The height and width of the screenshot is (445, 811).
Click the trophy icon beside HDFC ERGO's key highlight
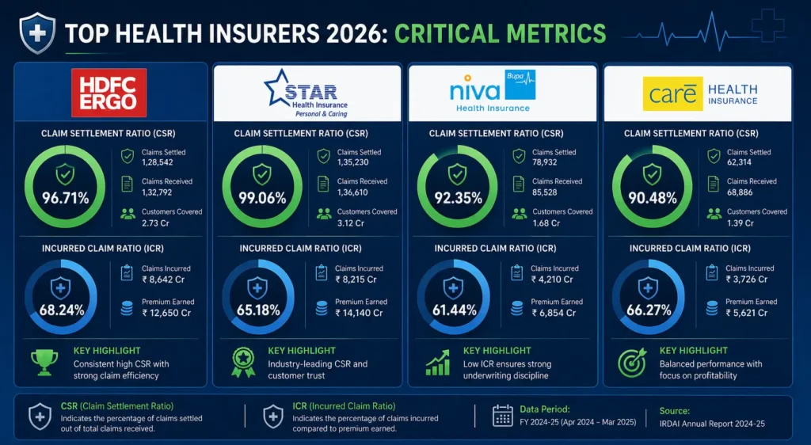[44, 363]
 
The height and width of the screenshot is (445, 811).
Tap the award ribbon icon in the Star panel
[242, 363]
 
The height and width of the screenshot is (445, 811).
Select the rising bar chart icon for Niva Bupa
[438, 363]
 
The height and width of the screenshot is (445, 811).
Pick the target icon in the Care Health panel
[633, 363]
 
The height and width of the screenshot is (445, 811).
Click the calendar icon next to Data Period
[502, 416]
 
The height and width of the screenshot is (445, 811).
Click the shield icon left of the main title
[37, 33]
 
